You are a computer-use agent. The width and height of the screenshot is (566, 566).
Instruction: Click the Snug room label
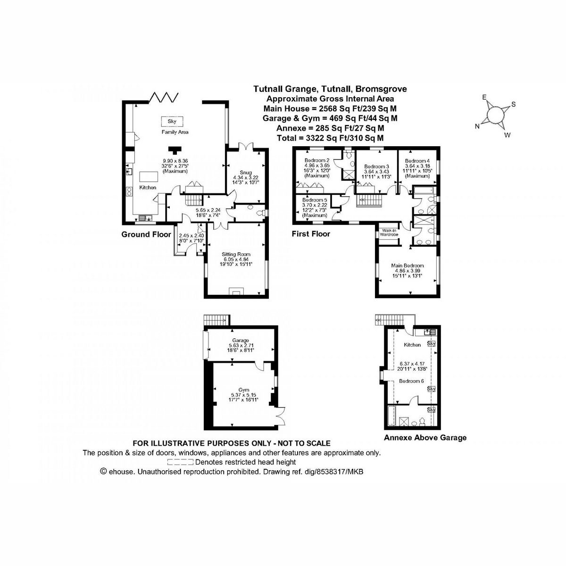pos(245,173)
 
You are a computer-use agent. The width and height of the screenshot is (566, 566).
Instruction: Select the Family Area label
pos(175,132)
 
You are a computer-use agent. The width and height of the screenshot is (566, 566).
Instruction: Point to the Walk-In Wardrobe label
pos(390,233)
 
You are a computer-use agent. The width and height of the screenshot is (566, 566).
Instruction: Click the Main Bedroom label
pos(407,266)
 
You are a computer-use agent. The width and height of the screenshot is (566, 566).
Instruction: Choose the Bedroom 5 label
pos(315,200)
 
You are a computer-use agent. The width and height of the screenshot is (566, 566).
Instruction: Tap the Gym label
pos(243,390)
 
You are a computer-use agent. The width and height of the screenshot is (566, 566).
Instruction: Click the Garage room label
pos(241,340)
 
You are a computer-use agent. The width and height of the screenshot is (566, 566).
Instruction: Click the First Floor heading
pos(311,233)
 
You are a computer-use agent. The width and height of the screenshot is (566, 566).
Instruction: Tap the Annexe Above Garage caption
pos(425,438)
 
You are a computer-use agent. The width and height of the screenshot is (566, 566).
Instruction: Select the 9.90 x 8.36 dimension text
pos(175,161)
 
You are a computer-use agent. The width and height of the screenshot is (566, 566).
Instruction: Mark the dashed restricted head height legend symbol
pos(182,462)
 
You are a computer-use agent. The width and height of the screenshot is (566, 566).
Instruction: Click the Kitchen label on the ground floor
pos(148,188)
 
